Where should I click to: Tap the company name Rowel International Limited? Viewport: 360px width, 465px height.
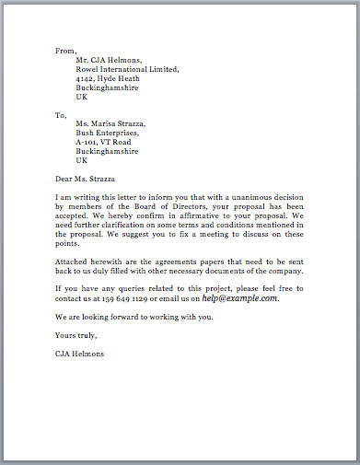[127, 69]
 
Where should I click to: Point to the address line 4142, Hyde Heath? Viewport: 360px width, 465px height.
[110, 79]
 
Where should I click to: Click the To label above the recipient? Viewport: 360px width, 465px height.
[62, 116]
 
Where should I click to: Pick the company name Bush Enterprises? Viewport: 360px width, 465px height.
[108, 134]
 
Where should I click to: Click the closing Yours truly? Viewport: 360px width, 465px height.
[77, 335]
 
